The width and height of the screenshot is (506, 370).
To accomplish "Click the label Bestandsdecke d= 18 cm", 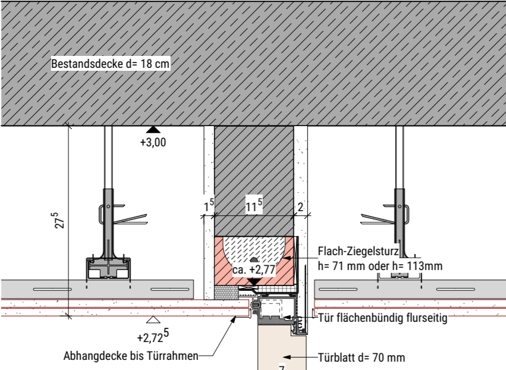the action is [x=111, y=64].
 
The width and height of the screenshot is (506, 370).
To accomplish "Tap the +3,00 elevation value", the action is [x=153, y=142].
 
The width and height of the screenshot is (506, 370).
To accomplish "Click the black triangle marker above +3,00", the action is [x=153, y=130].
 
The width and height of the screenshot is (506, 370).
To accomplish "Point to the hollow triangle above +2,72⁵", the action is [x=153, y=319].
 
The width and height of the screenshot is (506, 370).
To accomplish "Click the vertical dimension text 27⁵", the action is [x=60, y=221].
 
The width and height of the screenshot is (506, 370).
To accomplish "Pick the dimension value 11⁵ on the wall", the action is [x=254, y=205].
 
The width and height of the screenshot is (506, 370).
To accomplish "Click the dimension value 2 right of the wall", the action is [x=300, y=207].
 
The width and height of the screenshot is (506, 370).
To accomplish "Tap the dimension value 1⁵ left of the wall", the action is [x=209, y=206].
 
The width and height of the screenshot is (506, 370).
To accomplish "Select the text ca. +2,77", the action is [x=254, y=269].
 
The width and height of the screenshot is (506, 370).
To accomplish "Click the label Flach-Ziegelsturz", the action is [x=358, y=251].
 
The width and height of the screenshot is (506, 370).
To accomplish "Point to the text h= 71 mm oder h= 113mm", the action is [x=380, y=266].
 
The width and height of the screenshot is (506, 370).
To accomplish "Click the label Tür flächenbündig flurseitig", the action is [x=383, y=318].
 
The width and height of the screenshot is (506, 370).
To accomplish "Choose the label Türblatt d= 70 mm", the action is [x=362, y=358].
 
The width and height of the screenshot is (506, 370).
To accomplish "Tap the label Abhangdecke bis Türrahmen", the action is [x=131, y=356].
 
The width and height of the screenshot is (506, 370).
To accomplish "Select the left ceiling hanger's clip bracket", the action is [x=102, y=214].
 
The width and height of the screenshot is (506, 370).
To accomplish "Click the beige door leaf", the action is [x=282, y=347].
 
